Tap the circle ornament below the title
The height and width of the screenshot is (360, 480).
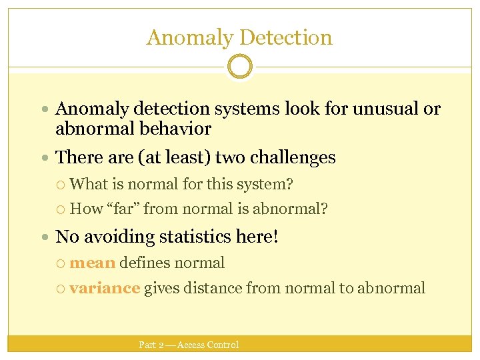tap(240, 67)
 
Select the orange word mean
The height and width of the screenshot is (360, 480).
tap(92, 263)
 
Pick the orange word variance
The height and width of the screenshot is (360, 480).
tap(105, 288)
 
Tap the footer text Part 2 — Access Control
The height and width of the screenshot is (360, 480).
tap(189, 345)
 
